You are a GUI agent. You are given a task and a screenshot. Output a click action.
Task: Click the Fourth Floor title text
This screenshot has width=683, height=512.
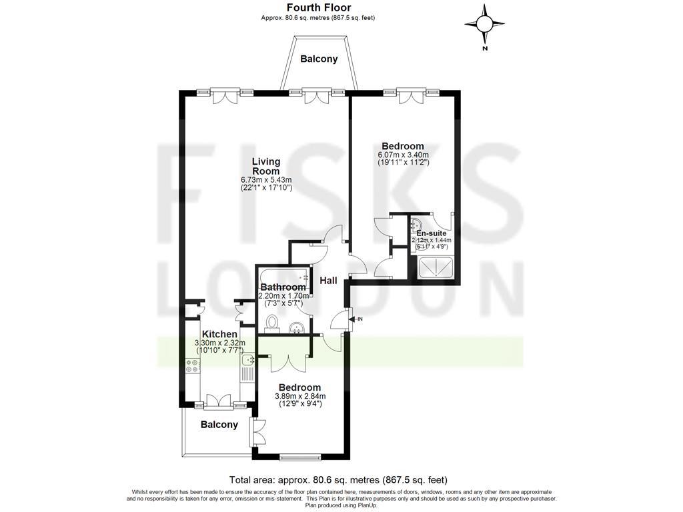click(319, 8)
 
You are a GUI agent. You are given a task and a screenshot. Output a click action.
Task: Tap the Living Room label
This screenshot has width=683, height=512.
click(265, 166)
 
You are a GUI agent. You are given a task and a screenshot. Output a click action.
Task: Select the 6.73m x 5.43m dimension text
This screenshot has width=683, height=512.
click(265, 180)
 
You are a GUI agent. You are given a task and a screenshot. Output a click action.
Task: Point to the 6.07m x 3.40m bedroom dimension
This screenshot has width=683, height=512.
click(402, 155)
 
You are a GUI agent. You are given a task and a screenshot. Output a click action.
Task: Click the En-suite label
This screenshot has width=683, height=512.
click(432, 233)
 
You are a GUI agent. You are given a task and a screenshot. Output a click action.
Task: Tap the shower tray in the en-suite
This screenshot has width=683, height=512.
click(436, 267)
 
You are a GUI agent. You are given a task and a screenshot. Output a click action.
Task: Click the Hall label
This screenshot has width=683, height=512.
click(328, 281)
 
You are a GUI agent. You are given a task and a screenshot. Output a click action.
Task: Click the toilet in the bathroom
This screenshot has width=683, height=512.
click(271, 323)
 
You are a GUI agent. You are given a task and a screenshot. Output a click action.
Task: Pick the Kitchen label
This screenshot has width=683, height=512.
click(219, 334)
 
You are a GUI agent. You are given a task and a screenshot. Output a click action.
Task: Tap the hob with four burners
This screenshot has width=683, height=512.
click(193, 365)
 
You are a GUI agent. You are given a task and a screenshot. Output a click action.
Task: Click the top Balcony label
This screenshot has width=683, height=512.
click(319, 59)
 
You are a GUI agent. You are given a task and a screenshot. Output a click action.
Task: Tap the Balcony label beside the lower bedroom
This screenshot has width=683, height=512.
click(219, 425)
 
